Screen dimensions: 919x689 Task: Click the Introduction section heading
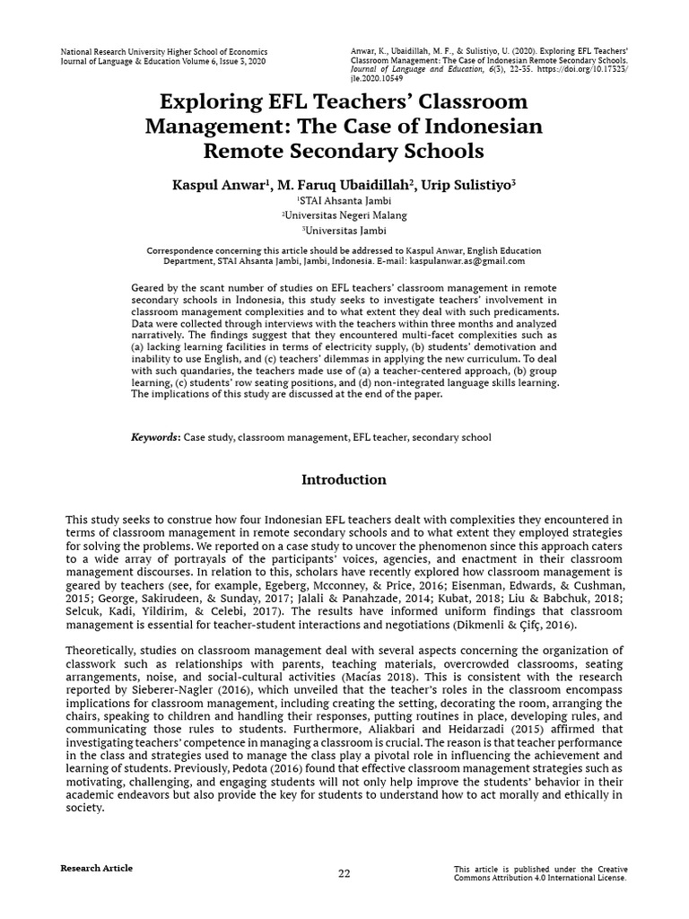point(344,480)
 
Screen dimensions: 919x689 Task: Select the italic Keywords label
point(155,437)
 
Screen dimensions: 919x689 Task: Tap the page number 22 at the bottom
point(344,874)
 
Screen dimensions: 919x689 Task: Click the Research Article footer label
point(96,868)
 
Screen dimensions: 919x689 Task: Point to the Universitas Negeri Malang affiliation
point(344,215)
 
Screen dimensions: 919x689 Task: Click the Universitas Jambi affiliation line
point(344,230)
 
